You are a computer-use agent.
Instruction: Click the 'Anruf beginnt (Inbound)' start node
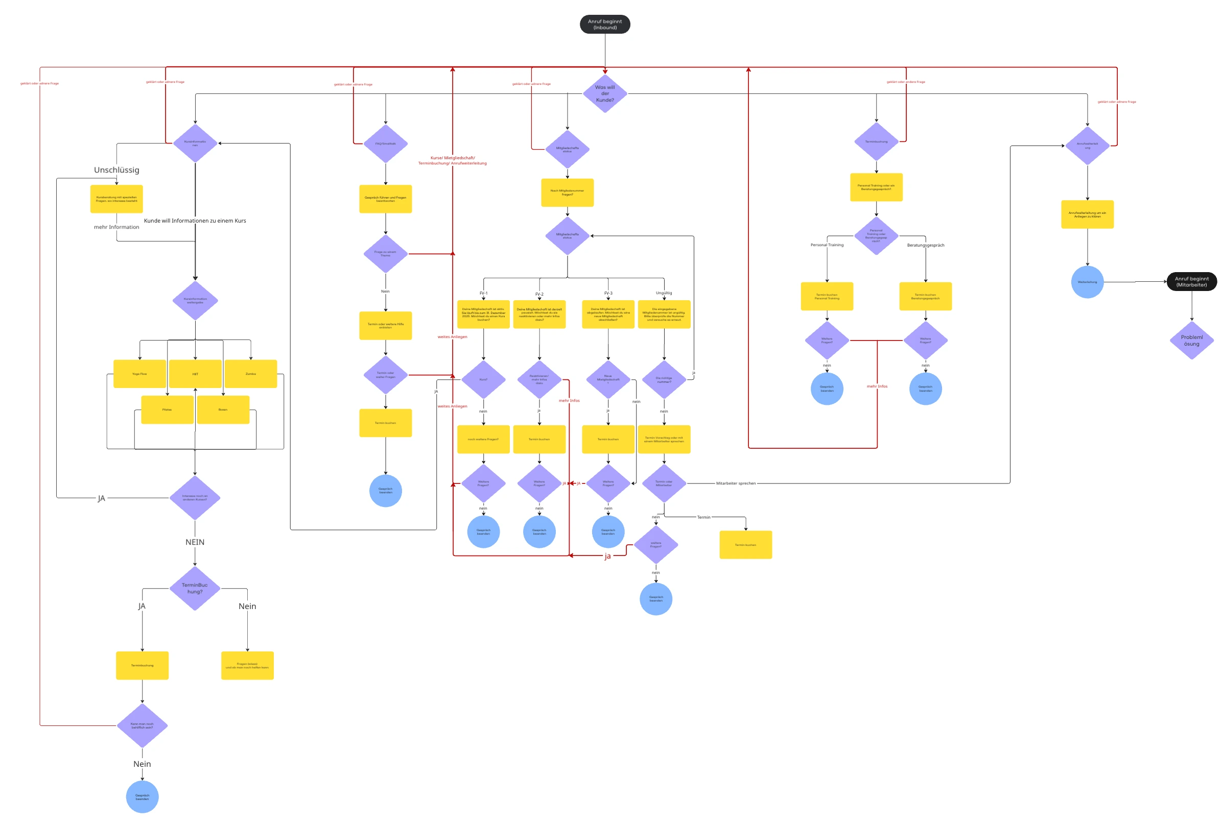[x=605, y=24]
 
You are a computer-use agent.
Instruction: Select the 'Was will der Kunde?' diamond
[x=605, y=93]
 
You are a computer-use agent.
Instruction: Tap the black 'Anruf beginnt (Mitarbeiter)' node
[x=1191, y=282]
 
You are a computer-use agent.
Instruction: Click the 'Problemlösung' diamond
[x=1191, y=341]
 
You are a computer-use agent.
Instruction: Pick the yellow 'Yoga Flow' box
[x=140, y=374]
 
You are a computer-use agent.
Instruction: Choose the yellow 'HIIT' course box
[x=195, y=374]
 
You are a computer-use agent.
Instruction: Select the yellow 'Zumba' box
[x=251, y=374]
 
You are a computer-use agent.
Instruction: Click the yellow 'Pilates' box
[x=167, y=410]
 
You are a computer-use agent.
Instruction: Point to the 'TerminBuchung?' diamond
[x=195, y=588]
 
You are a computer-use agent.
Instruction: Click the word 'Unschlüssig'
[x=116, y=169]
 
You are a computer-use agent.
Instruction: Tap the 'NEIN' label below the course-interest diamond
[x=195, y=542]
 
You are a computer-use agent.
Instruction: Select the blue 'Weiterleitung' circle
[x=1087, y=282]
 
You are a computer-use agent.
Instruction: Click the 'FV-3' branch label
[x=608, y=293]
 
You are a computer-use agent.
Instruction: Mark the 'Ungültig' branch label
[x=664, y=293]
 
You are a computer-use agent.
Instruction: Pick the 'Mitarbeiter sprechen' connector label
[x=736, y=483]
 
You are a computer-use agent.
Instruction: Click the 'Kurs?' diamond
[x=483, y=379]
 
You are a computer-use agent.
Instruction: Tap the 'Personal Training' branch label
[x=827, y=245]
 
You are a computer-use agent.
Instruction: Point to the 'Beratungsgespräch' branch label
[x=925, y=245]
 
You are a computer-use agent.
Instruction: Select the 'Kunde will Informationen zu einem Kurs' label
[x=195, y=221]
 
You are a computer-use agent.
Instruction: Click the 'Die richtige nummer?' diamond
[x=664, y=379]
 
